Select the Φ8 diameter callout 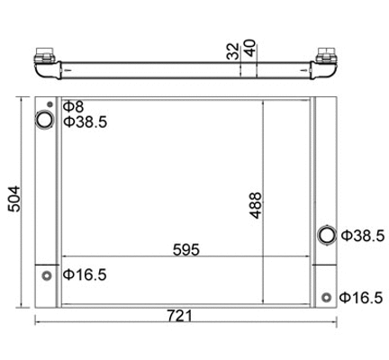pos(72,106)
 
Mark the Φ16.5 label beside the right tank pos(364,296)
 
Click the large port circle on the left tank pos(43,120)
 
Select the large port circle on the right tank pos(326,236)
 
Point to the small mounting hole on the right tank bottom pos(326,296)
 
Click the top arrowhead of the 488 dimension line pos(263,101)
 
